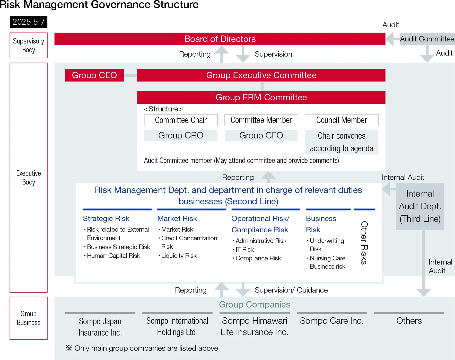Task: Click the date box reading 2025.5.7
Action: click(29, 22)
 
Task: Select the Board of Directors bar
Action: click(220, 39)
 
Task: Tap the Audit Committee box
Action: click(427, 39)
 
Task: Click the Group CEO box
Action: click(94, 75)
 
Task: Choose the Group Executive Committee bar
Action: click(261, 75)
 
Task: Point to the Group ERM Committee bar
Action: click(261, 97)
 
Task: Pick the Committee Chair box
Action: click(181, 120)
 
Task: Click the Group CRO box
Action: click(181, 135)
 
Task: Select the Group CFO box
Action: click(261, 135)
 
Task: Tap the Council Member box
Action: click(342, 120)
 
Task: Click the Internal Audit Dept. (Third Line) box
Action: click(420, 206)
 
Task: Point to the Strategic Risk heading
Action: click(106, 218)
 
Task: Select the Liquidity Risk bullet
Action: click(179, 256)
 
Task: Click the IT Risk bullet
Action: click(244, 250)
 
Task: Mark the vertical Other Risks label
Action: click(364, 243)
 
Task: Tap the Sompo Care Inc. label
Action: click(332, 321)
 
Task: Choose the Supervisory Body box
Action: click(29, 45)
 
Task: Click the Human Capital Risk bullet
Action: click(113, 256)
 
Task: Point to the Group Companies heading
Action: click(255, 304)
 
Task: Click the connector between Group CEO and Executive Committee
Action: click(130, 75)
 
